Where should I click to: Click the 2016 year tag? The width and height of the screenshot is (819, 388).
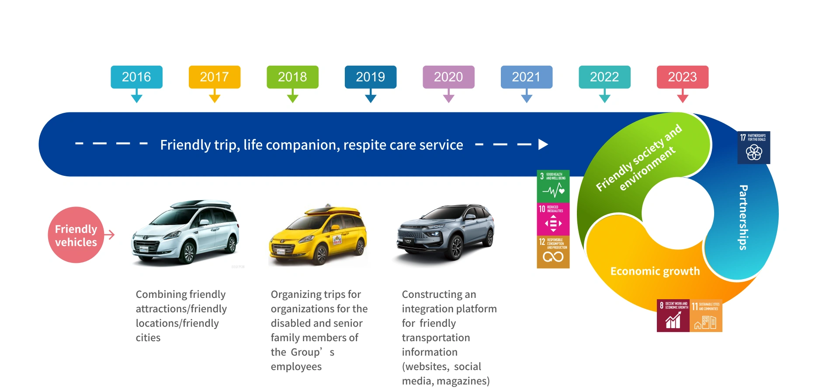pyautogui.click(x=136, y=77)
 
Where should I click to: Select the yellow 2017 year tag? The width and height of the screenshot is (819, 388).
pyautogui.click(x=214, y=77)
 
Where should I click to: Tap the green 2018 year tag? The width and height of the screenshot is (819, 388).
pyautogui.click(x=292, y=77)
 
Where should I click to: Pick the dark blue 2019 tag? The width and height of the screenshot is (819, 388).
pyautogui.click(x=370, y=77)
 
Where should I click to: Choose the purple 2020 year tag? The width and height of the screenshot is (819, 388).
pyautogui.click(x=448, y=77)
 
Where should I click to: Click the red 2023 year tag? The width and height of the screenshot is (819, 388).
pyautogui.click(x=682, y=77)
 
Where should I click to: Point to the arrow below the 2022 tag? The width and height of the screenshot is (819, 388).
pyautogui.click(x=604, y=97)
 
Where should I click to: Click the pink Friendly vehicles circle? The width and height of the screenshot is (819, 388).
pyautogui.click(x=76, y=235)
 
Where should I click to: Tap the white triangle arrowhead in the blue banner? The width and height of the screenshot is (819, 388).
pyautogui.click(x=543, y=144)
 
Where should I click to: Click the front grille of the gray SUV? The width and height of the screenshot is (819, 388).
pyautogui.click(x=413, y=236)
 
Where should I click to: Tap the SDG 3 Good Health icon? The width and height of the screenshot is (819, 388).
pyautogui.click(x=553, y=186)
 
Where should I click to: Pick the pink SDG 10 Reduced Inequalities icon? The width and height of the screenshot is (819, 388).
pyautogui.click(x=553, y=219)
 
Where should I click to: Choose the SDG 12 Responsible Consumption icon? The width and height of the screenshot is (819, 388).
pyautogui.click(x=553, y=252)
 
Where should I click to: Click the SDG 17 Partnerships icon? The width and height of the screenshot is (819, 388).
pyautogui.click(x=753, y=147)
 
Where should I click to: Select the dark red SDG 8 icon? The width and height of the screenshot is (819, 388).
pyautogui.click(x=673, y=315)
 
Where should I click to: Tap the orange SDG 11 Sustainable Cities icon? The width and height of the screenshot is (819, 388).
pyautogui.click(x=706, y=315)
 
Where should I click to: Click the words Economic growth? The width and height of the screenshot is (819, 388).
pyautogui.click(x=655, y=271)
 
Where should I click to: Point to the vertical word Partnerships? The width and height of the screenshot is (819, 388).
pyautogui.click(x=743, y=217)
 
